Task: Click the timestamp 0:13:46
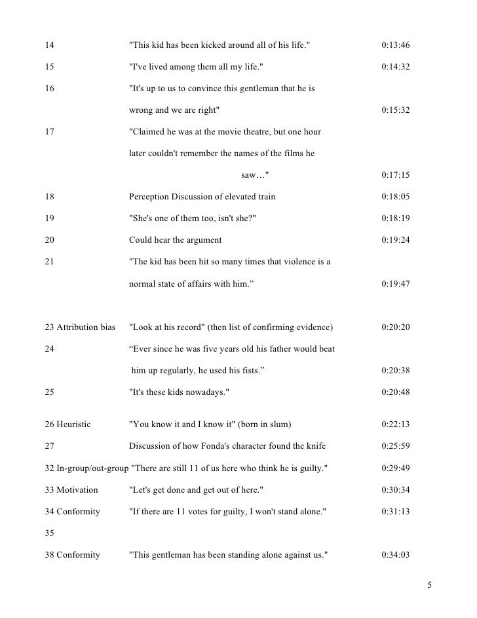[x=395, y=45]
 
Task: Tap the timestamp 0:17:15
[x=395, y=175]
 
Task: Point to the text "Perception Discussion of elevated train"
[x=202, y=197]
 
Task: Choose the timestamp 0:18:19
[x=395, y=218]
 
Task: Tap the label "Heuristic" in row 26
[x=74, y=425]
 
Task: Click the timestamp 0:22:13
[x=395, y=425]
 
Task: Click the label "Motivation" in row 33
[x=77, y=490]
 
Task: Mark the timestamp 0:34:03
[x=395, y=555]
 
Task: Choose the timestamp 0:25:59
[x=395, y=447]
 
